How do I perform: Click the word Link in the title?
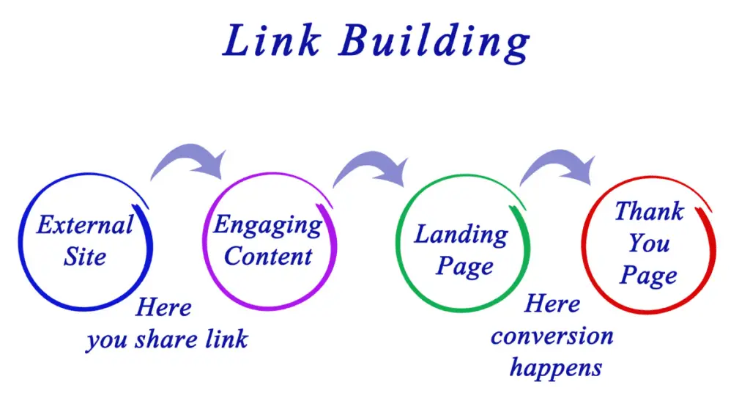pos(271,40)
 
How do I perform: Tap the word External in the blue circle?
pos(85,224)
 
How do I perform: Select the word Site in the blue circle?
pos(85,257)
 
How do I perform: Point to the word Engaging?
pos(268,226)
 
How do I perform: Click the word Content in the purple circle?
pos(268,256)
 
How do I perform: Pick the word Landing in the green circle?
pos(461,235)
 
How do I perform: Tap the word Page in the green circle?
pos(464,267)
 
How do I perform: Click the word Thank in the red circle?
pos(649,211)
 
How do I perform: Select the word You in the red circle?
pos(649,243)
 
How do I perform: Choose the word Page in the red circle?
pos(649,275)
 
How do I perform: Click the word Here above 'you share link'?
pos(163,307)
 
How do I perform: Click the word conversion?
pos(552,337)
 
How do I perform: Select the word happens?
pos(555,368)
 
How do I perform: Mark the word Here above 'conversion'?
pos(552,304)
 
